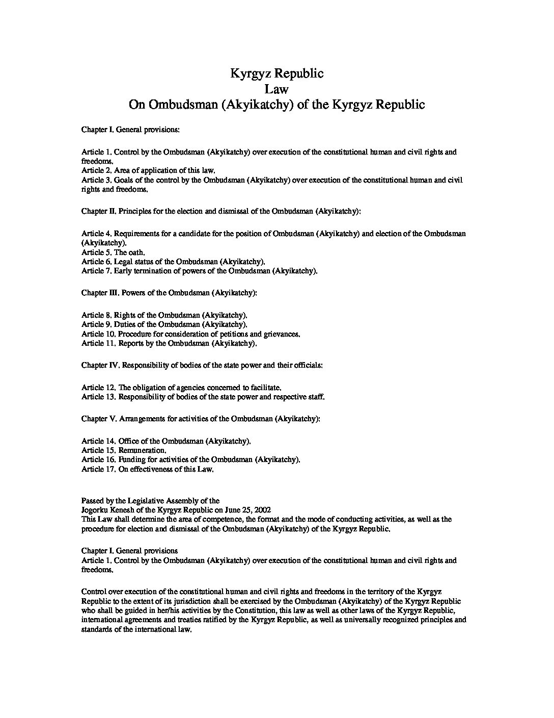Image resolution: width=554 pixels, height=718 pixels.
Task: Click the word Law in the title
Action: pyautogui.click(x=276, y=89)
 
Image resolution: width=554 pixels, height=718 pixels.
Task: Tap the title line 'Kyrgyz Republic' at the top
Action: pyautogui.click(x=276, y=73)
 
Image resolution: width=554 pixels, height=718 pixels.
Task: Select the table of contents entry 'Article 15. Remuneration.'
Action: pyautogui.click(x=124, y=450)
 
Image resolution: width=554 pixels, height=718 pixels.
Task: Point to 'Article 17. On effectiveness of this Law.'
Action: pyautogui.click(x=147, y=469)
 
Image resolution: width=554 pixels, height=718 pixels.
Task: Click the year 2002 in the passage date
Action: pyautogui.click(x=263, y=510)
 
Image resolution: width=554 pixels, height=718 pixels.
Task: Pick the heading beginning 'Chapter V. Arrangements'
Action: pyautogui.click(x=201, y=419)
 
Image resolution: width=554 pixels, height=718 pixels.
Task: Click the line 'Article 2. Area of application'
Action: pyautogui.click(x=148, y=170)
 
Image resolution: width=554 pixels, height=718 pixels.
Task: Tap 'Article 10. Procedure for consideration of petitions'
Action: pyautogui.click(x=190, y=334)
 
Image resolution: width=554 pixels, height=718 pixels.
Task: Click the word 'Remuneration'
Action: pyautogui.click(x=142, y=450)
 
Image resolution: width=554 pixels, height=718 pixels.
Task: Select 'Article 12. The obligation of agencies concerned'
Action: pyautogui.click(x=181, y=388)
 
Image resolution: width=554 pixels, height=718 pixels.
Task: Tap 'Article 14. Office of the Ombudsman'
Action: pyautogui.click(x=166, y=441)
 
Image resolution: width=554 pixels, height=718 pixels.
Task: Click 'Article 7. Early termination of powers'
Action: pyautogui.click(x=199, y=271)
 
